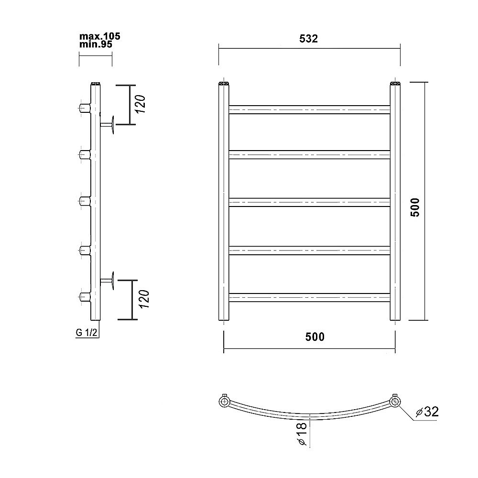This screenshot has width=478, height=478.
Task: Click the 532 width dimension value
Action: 308,39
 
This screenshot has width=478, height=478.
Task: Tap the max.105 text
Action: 100,36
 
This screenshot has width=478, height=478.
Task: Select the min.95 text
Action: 96,44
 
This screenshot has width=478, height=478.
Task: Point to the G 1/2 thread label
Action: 87,332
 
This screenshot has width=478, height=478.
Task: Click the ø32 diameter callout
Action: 427,412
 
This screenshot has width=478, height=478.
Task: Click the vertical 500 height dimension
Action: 415,207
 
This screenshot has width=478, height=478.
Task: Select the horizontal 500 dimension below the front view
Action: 315,337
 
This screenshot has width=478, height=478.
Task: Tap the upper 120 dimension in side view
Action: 140,104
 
